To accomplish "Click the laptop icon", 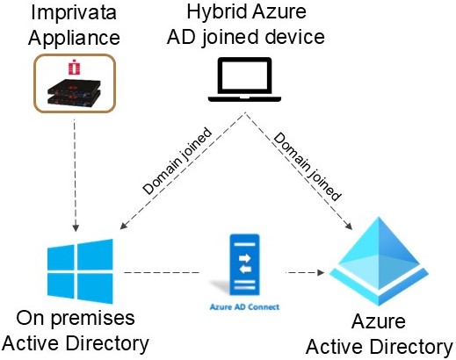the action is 244,80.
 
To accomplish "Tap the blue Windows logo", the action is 80,271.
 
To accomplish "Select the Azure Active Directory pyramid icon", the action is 379,261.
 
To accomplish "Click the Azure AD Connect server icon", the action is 244,264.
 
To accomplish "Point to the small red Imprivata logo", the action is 75,67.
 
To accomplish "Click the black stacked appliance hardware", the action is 74,91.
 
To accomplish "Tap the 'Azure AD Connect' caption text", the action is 244,307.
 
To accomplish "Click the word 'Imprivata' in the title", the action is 74,13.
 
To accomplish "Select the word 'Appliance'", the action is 74,39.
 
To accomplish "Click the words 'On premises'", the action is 76,319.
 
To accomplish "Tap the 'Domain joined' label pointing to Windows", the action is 177,161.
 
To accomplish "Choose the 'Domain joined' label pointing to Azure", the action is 308,166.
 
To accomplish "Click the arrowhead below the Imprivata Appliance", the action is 76,228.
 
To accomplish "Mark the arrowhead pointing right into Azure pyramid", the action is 321,272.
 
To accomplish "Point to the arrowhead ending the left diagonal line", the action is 123,226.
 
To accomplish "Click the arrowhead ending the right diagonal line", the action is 349,226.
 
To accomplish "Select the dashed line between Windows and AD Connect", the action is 162,272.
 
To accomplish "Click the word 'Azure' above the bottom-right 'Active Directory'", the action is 379,321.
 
